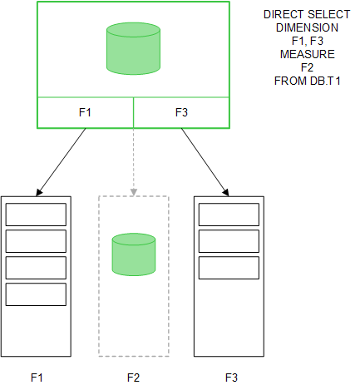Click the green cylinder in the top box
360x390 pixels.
(x=133, y=49)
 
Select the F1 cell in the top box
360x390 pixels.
(x=85, y=113)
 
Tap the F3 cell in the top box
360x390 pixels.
(x=181, y=113)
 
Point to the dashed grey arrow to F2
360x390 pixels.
(x=133, y=162)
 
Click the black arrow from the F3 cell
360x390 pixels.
(x=205, y=162)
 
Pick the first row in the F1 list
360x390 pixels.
(x=36, y=215)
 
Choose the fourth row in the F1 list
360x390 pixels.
(x=36, y=294)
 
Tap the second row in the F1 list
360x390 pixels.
(x=36, y=241)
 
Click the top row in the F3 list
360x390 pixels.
(x=229, y=215)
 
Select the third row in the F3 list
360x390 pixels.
(x=229, y=268)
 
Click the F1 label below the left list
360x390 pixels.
(x=36, y=377)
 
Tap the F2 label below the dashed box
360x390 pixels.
(x=133, y=377)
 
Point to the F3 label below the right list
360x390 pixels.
(x=230, y=377)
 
